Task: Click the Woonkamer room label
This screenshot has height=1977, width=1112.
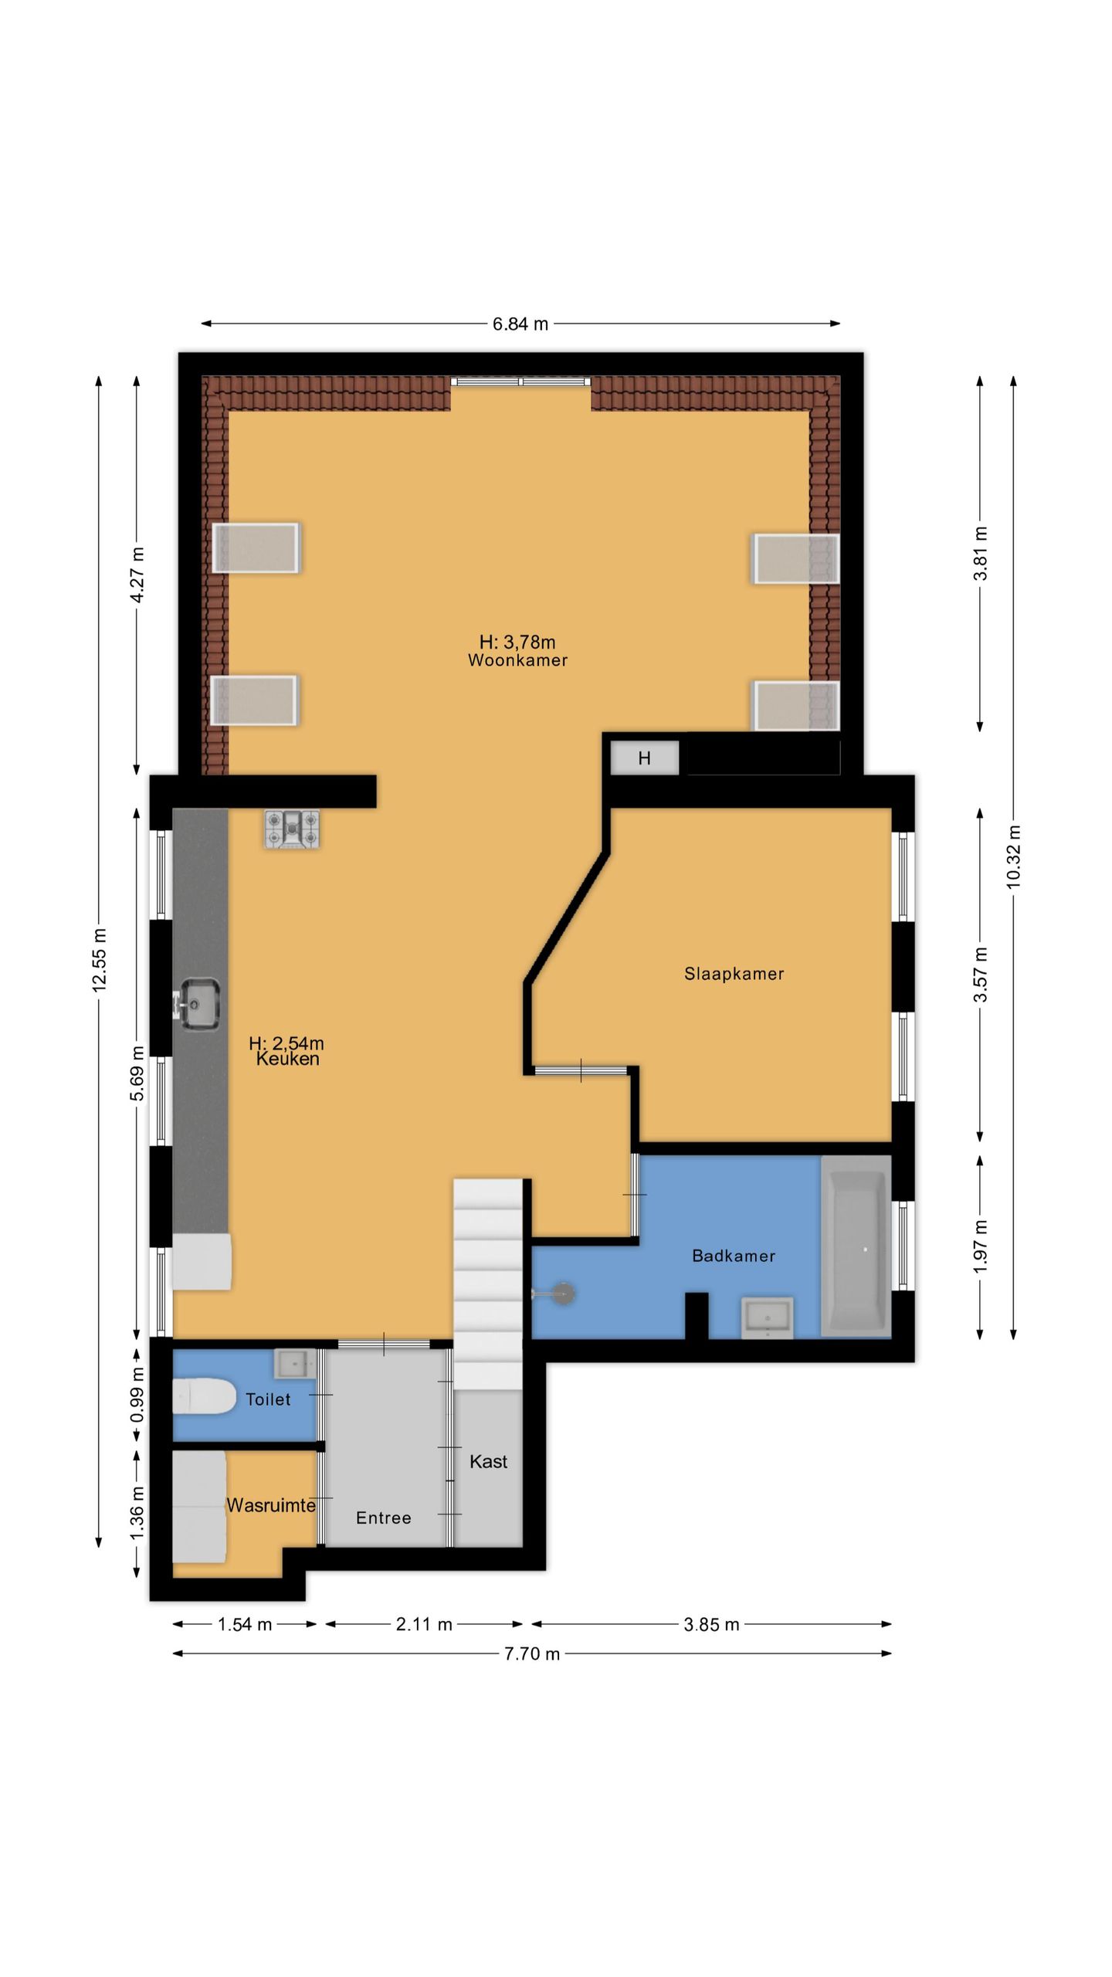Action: [517, 660]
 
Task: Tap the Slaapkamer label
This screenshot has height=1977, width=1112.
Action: [734, 974]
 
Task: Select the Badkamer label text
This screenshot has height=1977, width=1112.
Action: [734, 1256]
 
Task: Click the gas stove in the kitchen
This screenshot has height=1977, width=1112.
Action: [292, 829]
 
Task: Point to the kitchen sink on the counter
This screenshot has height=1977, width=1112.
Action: [199, 1004]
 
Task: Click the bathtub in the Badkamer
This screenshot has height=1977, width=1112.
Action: [856, 1246]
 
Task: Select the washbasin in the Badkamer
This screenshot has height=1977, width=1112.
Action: [767, 1317]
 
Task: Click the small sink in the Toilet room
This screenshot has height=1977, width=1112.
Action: [294, 1364]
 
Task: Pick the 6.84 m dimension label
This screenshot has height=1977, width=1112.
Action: [520, 324]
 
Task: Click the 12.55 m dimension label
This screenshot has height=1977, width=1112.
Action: [99, 961]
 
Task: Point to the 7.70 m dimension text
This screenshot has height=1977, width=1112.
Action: [532, 1653]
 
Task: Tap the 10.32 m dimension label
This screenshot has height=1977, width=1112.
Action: [1013, 857]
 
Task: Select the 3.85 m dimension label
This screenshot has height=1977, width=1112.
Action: [711, 1625]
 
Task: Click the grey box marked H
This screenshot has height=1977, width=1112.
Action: [645, 758]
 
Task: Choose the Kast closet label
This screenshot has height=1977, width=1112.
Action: [489, 1461]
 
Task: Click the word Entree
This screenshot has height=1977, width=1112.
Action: [384, 1518]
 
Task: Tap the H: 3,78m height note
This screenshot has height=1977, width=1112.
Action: [517, 642]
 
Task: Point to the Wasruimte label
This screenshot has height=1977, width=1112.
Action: [271, 1505]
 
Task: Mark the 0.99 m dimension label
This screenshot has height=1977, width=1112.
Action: [137, 1395]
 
